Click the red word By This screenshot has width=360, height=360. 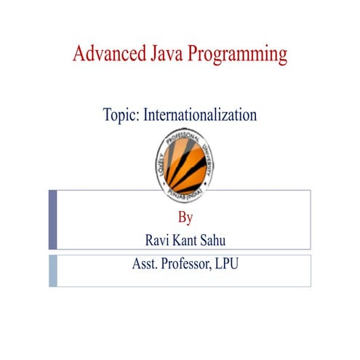click(x=185, y=217)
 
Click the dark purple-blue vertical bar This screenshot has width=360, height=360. click(x=52, y=220)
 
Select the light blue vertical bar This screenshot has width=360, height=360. click(x=52, y=270)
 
